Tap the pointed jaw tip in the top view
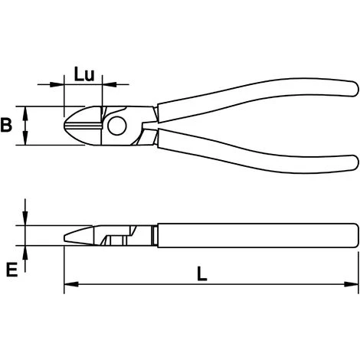68,125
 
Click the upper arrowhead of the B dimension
27,110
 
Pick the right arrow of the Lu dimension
106,81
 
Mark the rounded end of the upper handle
352,87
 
